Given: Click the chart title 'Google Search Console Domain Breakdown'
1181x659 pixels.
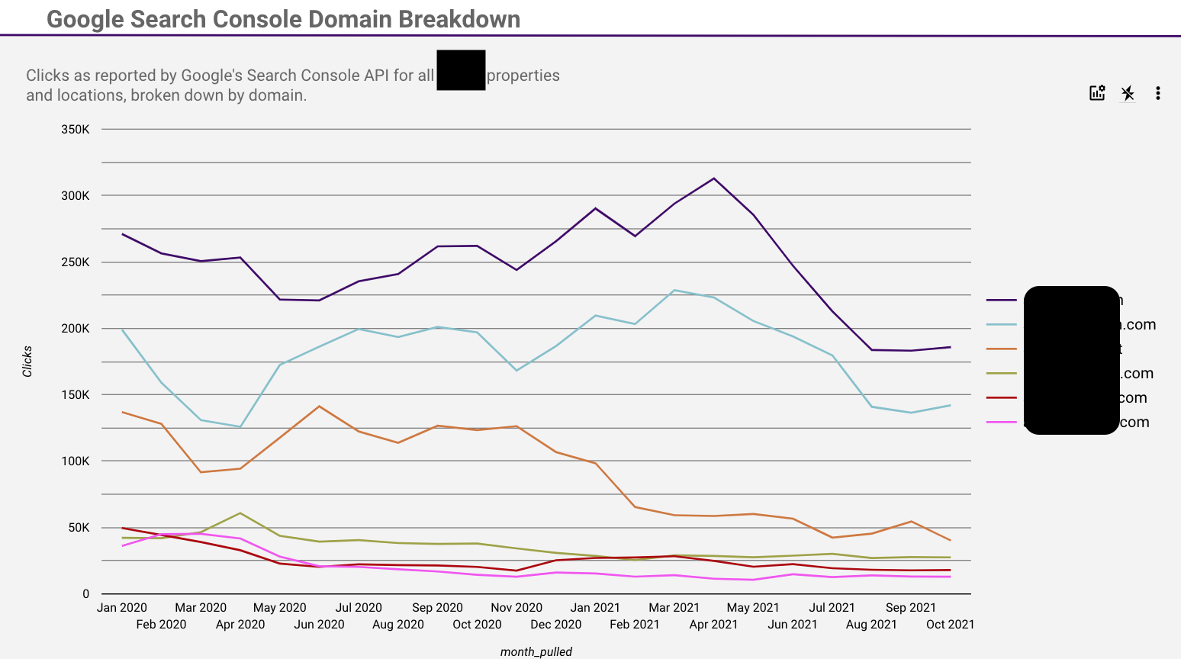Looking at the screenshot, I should tap(283, 19).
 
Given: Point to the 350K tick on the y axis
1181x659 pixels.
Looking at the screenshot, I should tap(76, 130).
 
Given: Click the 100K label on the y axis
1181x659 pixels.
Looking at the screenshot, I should tap(76, 461).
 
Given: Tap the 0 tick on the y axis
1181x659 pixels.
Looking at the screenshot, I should tap(86, 594).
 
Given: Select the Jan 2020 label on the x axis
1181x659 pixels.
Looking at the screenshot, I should tap(122, 608).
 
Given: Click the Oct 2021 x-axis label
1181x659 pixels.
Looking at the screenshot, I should tap(950, 625).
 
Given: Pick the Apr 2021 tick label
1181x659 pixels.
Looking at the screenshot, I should tap(713, 625).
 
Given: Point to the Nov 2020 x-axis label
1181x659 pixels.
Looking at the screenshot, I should tap(516, 608).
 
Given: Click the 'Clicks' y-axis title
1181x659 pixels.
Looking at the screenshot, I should tap(27, 361).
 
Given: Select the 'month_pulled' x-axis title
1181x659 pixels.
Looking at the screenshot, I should tap(536, 651).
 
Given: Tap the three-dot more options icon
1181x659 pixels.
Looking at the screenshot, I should tap(1157, 93).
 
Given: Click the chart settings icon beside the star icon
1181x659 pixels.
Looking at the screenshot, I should tap(1097, 93).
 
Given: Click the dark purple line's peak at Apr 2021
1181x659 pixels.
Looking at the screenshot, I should tap(714, 178).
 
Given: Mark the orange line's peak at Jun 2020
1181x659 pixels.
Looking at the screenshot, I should tap(319, 406).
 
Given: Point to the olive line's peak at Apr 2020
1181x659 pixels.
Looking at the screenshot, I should tap(240, 513).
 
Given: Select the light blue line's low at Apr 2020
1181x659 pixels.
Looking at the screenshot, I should tap(240, 427).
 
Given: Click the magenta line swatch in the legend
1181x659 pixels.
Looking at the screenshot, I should tap(1001, 422).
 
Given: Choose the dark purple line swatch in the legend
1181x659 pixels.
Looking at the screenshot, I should tap(1001, 301).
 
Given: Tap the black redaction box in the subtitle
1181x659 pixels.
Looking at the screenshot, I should tap(461, 70).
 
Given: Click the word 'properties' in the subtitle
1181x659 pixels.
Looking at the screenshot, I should tap(523, 76).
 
